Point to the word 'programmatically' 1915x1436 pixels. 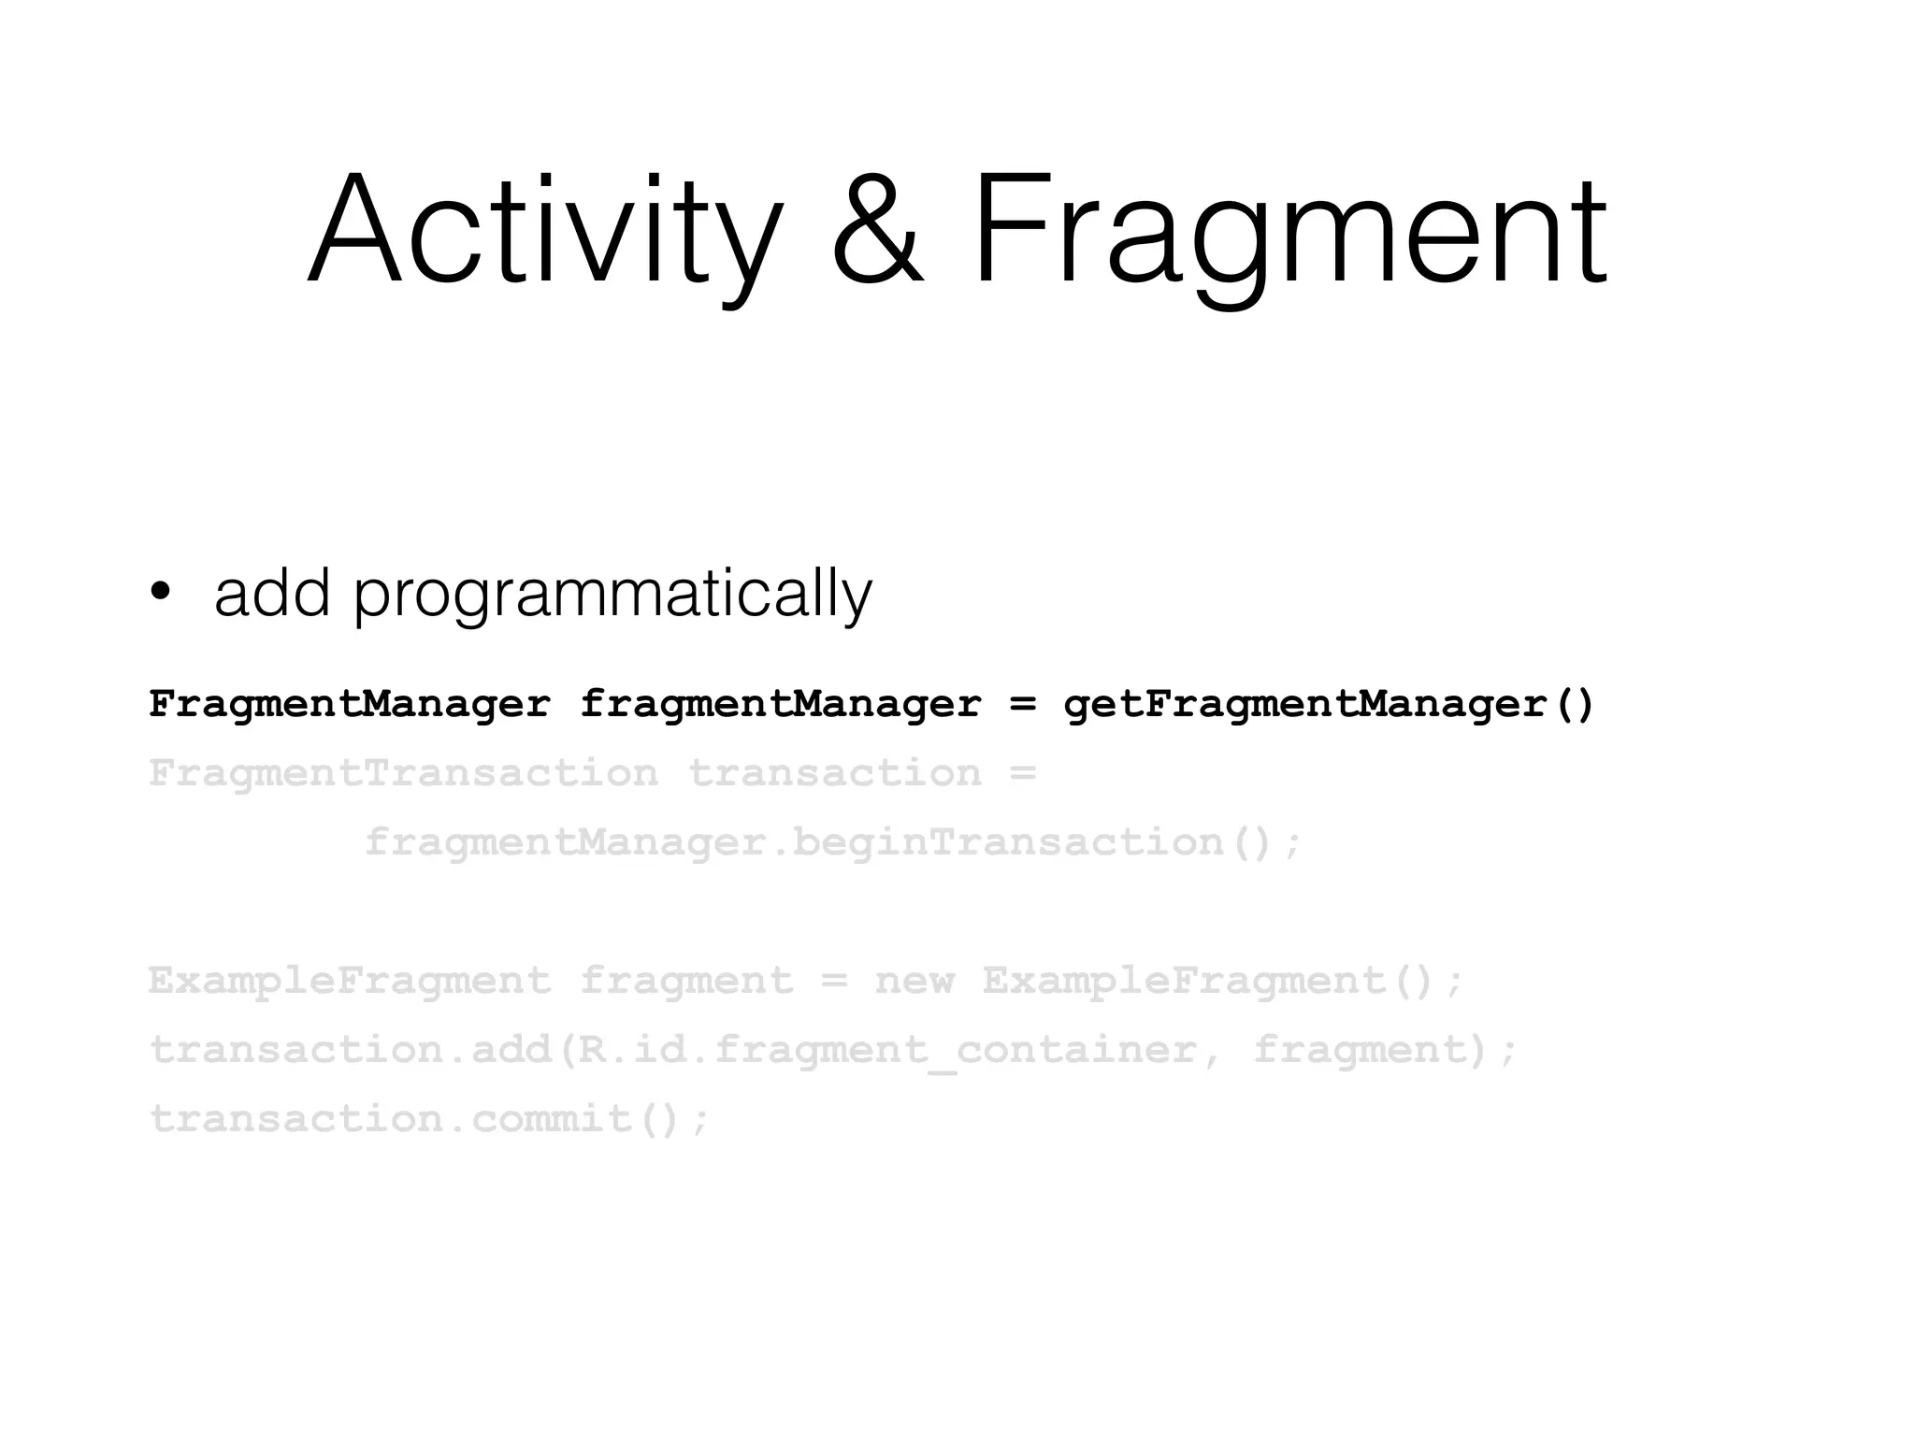612,595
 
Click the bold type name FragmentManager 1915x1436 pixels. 350,704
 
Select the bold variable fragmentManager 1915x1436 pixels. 781,704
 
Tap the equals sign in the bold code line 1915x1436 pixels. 1024,704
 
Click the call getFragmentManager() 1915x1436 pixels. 1328,704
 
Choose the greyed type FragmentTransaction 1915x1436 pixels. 404,773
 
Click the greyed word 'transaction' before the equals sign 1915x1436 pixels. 835,773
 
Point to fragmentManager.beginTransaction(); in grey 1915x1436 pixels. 832,842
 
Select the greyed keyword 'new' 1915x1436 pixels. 914,981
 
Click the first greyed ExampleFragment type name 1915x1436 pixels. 350,981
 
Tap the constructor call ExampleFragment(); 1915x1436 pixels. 1222,981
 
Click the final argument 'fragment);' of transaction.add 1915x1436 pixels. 1384,1050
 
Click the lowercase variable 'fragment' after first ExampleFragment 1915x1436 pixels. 687,981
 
